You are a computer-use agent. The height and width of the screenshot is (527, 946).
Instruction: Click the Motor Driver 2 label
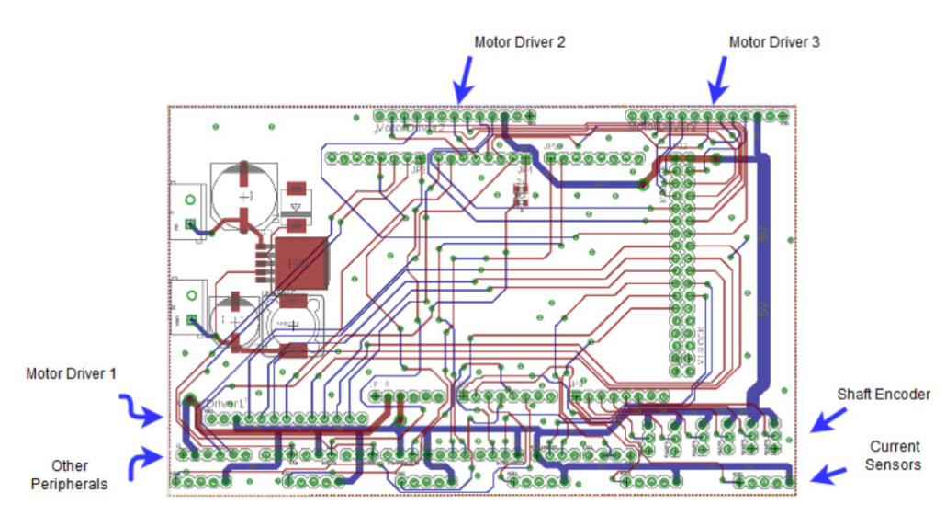[x=519, y=42]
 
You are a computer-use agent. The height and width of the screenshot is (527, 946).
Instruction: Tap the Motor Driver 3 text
[x=773, y=42]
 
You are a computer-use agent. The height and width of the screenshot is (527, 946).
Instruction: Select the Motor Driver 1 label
[x=72, y=374]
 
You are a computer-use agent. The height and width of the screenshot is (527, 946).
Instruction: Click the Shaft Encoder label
[x=883, y=395]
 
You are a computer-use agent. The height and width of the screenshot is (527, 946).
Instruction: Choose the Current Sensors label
[x=893, y=456]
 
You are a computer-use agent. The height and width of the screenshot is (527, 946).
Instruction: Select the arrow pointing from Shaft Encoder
[x=829, y=419]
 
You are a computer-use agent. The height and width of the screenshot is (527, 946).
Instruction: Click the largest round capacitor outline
[x=243, y=195]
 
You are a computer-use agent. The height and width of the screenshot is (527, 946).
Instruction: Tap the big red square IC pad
[x=301, y=262]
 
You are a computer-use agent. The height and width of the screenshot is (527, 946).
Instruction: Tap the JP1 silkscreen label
[x=524, y=170]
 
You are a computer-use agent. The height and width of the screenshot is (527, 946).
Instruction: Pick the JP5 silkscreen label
[x=550, y=146]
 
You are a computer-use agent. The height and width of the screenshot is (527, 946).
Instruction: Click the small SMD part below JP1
[x=520, y=194]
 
